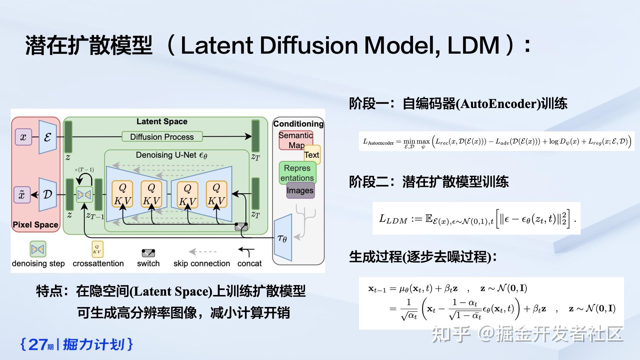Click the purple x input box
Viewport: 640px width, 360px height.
click(23, 137)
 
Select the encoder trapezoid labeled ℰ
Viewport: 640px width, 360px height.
click(48, 137)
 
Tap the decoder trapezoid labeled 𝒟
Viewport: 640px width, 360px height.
click(48, 195)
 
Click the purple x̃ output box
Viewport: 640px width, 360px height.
click(22, 195)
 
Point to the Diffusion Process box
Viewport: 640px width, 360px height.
click(162, 137)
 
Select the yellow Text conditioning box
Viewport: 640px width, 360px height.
click(312, 155)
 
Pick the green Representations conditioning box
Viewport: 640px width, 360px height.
click(297, 172)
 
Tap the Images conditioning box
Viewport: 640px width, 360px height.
click(300, 190)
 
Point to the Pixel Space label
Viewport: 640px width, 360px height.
click(35, 225)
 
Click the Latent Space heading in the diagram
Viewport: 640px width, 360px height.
click(162, 122)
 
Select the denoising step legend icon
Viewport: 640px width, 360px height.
click(38, 249)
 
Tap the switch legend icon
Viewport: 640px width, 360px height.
click(148, 253)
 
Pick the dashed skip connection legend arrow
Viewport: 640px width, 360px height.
click(202, 252)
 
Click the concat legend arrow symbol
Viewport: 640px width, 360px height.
click(247, 252)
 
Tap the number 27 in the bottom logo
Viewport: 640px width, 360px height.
click(38, 344)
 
